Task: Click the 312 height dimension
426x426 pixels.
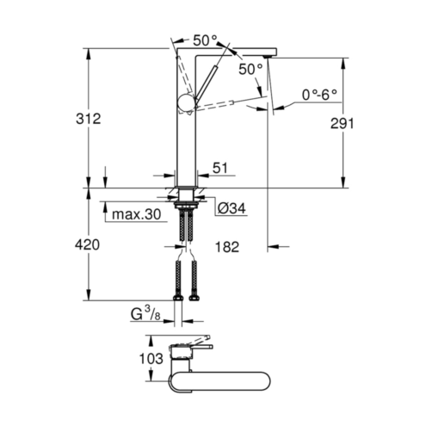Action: tap(88, 119)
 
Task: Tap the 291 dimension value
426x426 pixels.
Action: tap(342, 123)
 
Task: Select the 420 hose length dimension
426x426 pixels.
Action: tap(87, 244)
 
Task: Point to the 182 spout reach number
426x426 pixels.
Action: tap(226, 247)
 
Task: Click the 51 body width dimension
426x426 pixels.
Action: tap(220, 168)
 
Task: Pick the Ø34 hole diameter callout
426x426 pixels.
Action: tap(232, 208)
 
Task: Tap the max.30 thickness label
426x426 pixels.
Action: tap(137, 214)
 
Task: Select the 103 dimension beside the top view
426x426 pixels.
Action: tap(151, 358)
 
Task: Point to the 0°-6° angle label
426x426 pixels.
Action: tap(319, 95)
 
